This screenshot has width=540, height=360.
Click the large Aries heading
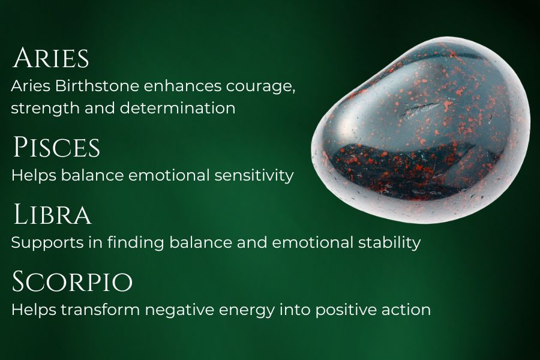[x=51, y=58]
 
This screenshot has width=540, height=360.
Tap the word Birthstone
[x=97, y=86]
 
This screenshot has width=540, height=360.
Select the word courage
[x=260, y=87]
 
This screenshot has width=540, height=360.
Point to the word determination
[x=178, y=108]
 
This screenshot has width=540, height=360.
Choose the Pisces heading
[x=56, y=147]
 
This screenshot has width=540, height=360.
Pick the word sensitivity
[x=254, y=176]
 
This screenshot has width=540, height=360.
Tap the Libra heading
[x=52, y=214]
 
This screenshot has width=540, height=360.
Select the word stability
[x=389, y=242]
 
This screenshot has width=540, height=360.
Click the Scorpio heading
[x=73, y=282]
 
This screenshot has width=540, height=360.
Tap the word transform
[x=101, y=310]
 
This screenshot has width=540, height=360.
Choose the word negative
[x=179, y=310]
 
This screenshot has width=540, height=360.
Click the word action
[x=406, y=310]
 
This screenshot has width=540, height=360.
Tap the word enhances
[x=182, y=86]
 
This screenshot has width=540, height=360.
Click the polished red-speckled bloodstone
[x=420, y=129]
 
